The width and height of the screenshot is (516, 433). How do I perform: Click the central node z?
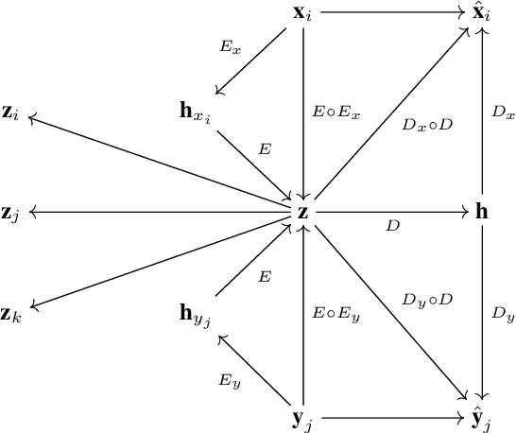302,213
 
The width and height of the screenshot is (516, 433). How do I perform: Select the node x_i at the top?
303,14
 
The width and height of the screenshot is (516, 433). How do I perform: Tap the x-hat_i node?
482,14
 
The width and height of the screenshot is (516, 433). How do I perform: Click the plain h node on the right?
482,212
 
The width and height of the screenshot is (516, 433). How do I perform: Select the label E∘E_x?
335,112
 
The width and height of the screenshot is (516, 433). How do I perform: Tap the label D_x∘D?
426,125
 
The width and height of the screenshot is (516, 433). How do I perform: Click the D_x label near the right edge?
503,112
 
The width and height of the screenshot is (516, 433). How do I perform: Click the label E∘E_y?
335,314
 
